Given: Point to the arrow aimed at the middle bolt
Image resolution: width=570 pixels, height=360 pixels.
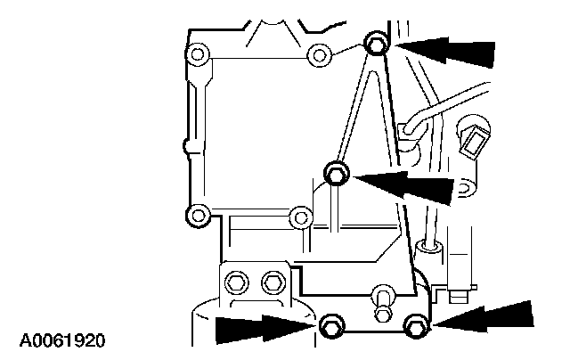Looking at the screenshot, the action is click(405, 184).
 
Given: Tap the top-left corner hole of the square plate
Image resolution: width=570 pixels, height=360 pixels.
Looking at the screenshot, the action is click(197, 59).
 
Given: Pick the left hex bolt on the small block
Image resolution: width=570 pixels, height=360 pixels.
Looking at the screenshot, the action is click(236, 284).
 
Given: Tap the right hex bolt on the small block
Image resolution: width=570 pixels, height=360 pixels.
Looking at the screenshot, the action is click(270, 284).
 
